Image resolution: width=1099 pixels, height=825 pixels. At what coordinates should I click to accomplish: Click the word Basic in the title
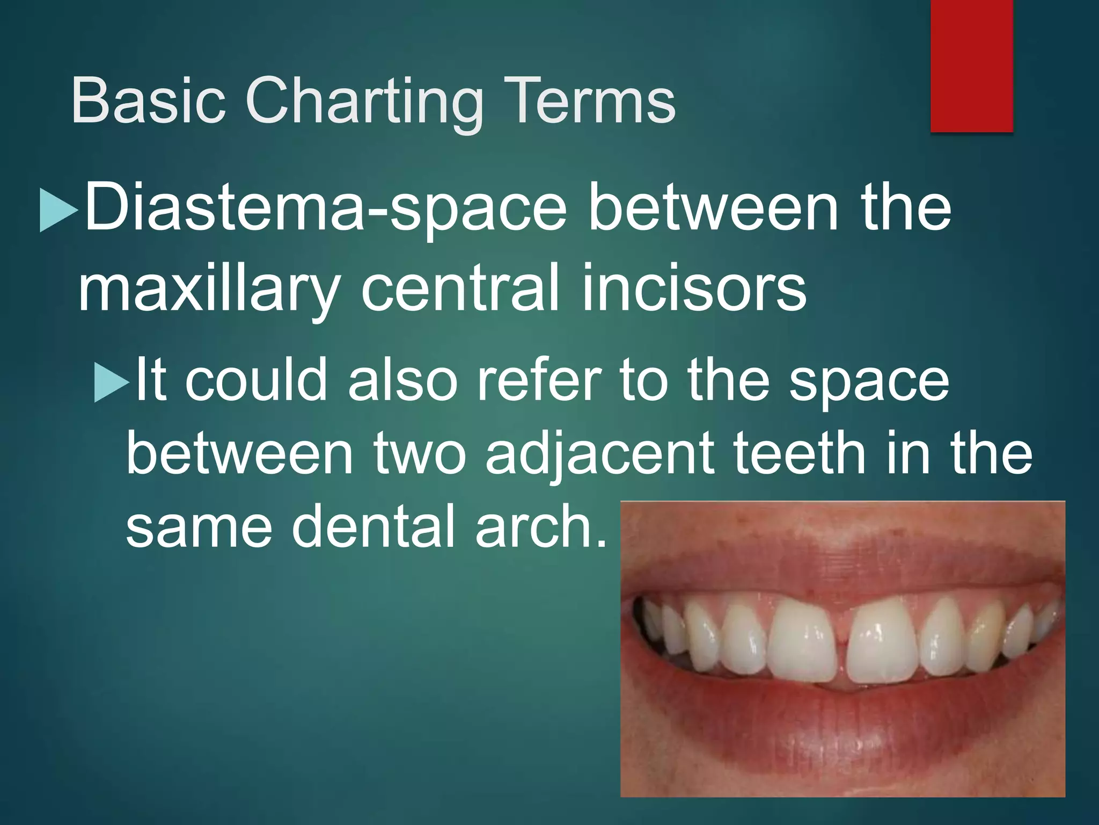point(148,101)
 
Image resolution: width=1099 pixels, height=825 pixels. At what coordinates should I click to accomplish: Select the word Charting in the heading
point(364,102)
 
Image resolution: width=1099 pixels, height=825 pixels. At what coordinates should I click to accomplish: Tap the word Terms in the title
point(587,101)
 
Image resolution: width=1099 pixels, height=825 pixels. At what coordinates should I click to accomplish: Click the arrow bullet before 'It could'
point(112,382)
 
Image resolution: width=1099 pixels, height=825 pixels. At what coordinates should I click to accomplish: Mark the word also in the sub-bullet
point(402,380)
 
